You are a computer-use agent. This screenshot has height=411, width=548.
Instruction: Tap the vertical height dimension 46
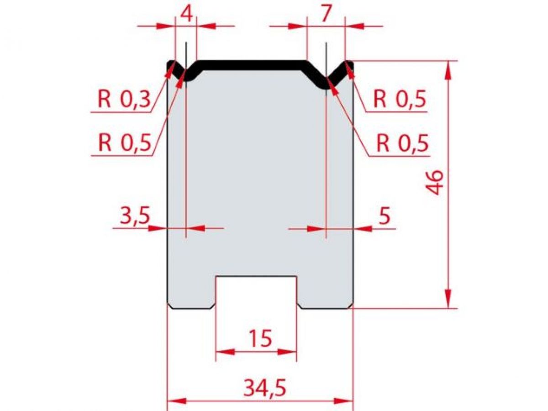436,182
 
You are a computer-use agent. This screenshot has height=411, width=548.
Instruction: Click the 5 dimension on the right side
385,216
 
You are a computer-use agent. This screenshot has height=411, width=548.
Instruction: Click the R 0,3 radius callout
123,99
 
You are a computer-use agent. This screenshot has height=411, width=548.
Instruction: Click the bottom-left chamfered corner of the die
169,306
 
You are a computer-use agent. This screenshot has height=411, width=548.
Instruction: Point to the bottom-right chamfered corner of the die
351,306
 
